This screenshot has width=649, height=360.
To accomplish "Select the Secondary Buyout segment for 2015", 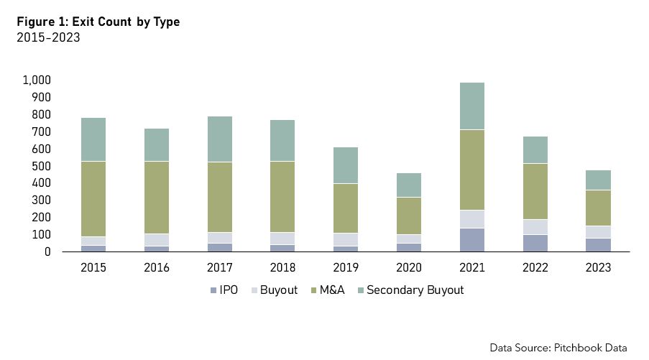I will tap(93, 139).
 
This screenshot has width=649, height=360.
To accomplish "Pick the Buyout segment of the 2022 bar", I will tap(535, 227).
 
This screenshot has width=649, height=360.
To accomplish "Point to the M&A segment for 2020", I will tap(409, 216).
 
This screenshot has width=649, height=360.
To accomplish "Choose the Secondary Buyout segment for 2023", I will tap(599, 180).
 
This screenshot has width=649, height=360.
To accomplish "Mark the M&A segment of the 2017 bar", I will tap(220, 197).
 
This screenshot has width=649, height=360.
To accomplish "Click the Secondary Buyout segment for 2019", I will tap(346, 165).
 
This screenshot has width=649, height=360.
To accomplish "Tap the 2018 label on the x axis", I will tap(282, 268).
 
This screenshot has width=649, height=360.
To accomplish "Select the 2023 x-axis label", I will tap(599, 268).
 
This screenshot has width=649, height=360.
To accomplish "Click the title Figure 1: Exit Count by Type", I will tap(98, 22).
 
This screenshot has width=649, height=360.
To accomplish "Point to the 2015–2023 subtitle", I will tap(48, 38).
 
